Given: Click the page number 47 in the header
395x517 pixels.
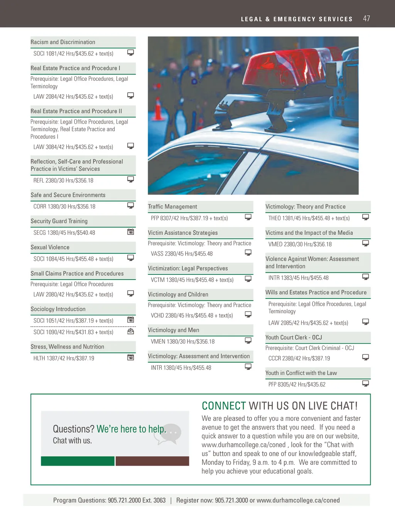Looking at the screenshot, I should pos(366,19).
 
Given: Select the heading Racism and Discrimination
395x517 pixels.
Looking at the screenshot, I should pos(63,42).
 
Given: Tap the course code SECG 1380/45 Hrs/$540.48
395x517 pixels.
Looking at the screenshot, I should pos(64,233).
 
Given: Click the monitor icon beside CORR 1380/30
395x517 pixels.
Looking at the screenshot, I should pos(131,205).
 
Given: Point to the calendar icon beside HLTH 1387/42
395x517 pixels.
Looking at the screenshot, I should pos(131,358).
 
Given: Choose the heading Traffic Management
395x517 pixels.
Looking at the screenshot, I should pos(172,207).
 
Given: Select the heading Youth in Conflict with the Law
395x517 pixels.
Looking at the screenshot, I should pos(301,373).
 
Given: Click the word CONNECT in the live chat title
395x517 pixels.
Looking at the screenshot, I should pos(224,406).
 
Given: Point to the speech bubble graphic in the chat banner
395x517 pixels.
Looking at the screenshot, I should pos(170,433).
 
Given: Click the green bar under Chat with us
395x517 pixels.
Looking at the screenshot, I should pos(78,461).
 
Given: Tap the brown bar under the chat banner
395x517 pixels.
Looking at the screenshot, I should pos(152,461).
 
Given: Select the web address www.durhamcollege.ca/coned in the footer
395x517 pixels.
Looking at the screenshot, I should pos(298,500).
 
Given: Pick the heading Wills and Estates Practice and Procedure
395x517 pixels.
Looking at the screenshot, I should pos(316,292).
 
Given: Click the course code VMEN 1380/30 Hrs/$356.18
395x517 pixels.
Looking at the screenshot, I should pos(182,342).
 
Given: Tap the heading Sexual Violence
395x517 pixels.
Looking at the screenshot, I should pos(50,247).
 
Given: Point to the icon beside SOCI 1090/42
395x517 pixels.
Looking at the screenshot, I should pos(131,331).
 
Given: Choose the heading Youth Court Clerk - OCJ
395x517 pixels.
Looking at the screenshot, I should pos(294,337).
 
